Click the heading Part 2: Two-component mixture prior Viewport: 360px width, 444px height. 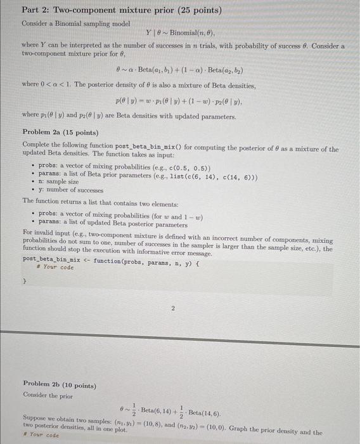(x=121, y=11)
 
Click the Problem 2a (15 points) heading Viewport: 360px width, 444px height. (x=60, y=133)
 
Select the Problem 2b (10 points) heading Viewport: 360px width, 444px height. (x=60, y=384)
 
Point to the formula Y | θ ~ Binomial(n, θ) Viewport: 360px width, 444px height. (x=181, y=32)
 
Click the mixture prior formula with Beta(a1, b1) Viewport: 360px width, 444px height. (x=180, y=70)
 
